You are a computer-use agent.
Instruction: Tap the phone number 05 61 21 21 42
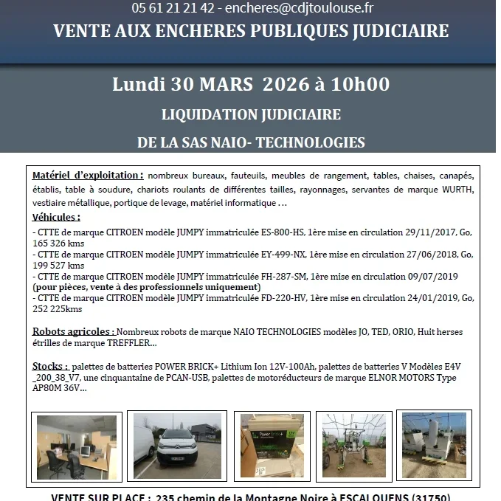click(173, 8)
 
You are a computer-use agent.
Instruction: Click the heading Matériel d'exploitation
click(88, 176)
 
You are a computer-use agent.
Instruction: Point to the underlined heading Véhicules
click(56, 218)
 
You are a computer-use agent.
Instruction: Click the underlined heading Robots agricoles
click(73, 332)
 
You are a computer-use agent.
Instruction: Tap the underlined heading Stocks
click(50, 366)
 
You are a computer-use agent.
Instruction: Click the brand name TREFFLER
click(130, 343)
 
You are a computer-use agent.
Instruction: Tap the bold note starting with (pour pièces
click(146, 287)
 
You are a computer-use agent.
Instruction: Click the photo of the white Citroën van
click(179, 446)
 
